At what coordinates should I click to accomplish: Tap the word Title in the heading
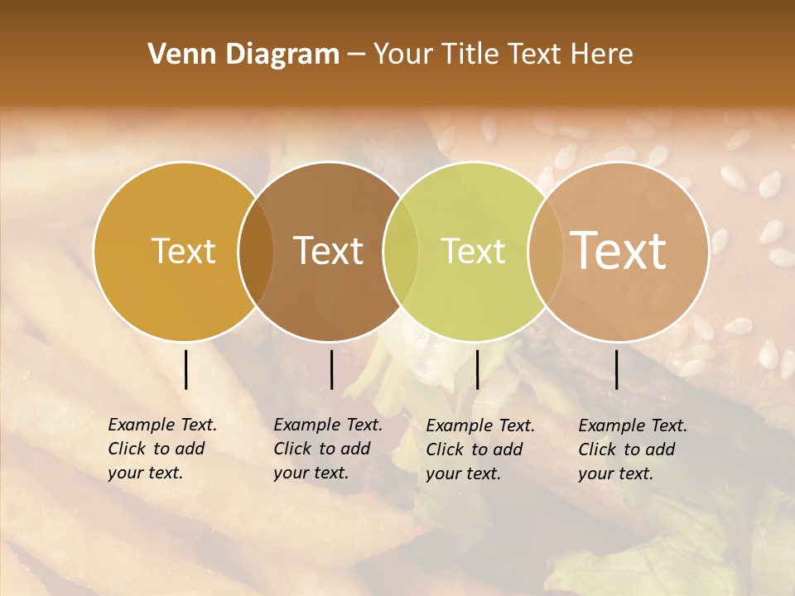click(x=471, y=55)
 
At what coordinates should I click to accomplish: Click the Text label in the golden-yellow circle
click(x=183, y=251)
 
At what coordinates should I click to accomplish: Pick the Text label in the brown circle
click(x=328, y=251)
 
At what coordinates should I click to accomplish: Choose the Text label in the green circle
click(x=473, y=251)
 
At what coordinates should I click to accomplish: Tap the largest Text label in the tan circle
click(x=618, y=251)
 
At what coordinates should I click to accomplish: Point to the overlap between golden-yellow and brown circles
click(x=256, y=251)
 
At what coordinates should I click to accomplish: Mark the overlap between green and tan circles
click(x=546, y=251)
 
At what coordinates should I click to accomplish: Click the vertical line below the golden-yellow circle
click(x=186, y=369)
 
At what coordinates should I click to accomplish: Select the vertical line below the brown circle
click(x=331, y=369)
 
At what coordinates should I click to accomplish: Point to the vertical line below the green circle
click(x=477, y=369)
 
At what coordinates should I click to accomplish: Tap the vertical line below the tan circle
click(x=616, y=369)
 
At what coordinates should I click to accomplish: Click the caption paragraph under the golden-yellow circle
click(x=162, y=449)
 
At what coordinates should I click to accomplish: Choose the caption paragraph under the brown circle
click(x=328, y=449)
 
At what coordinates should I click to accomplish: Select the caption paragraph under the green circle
click(x=480, y=449)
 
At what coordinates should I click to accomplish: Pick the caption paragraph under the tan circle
click(x=633, y=449)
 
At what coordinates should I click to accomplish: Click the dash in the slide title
click(x=356, y=55)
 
